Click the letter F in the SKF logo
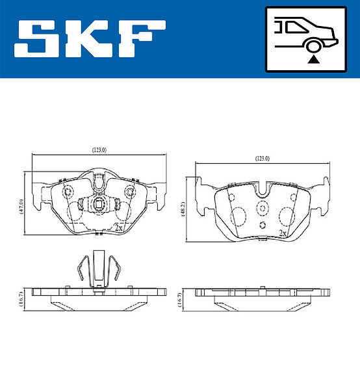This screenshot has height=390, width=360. (142, 39)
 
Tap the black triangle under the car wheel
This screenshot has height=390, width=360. (313, 59)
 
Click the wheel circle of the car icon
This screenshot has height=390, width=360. (313, 47)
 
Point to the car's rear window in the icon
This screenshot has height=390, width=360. (296, 27)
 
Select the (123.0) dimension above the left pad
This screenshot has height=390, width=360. (99, 150)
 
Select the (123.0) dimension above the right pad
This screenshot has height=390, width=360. (263, 159)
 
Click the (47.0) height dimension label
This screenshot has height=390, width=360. (21, 207)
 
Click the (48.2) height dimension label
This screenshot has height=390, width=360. (183, 209)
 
